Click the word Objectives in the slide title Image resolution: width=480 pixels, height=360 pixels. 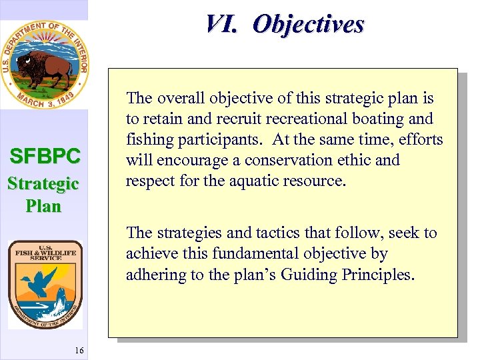pos(309,24)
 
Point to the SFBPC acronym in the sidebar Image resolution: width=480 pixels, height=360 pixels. pos(44,157)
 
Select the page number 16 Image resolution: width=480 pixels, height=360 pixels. pos(79,351)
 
